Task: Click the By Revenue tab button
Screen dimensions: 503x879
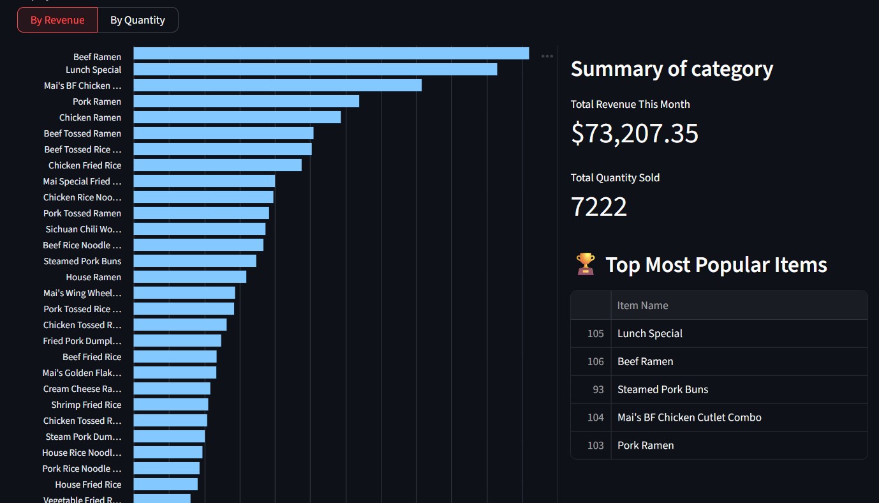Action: coord(57,20)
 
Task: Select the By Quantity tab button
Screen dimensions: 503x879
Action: coord(138,20)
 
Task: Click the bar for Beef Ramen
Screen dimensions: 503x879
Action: coord(331,54)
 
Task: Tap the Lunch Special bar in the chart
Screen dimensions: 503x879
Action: coord(315,70)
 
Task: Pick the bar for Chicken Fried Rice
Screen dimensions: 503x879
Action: coord(218,165)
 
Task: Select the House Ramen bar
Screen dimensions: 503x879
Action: coord(190,277)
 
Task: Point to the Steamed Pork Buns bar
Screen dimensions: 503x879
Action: coord(195,261)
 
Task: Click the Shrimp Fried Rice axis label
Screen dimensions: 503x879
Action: coord(86,405)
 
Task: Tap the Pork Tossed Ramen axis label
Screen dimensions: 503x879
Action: coord(82,213)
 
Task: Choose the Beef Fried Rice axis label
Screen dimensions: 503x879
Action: coord(92,357)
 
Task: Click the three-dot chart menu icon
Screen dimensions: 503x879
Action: coord(547,56)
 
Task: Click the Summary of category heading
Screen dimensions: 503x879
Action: coord(672,69)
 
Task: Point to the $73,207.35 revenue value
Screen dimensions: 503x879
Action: coord(635,133)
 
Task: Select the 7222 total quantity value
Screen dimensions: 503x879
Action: coord(599,207)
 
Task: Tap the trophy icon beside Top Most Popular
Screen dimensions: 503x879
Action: coord(586,264)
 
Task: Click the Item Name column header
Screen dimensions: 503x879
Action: coord(643,305)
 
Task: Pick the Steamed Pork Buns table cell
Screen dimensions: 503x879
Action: coord(663,389)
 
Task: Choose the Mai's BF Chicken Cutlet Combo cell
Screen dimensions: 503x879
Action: coord(690,417)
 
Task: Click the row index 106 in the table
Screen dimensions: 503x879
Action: coord(595,361)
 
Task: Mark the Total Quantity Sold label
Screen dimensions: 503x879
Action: coord(615,178)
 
